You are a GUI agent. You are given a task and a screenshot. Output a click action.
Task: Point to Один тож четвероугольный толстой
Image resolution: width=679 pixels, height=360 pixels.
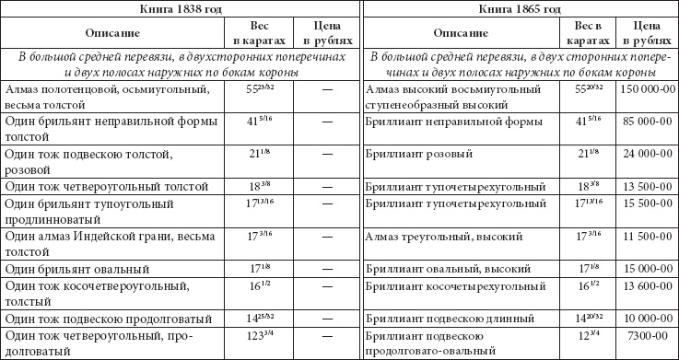click(x=95, y=187)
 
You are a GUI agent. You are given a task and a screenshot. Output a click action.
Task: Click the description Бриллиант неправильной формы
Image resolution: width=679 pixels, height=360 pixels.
click(x=448, y=120)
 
